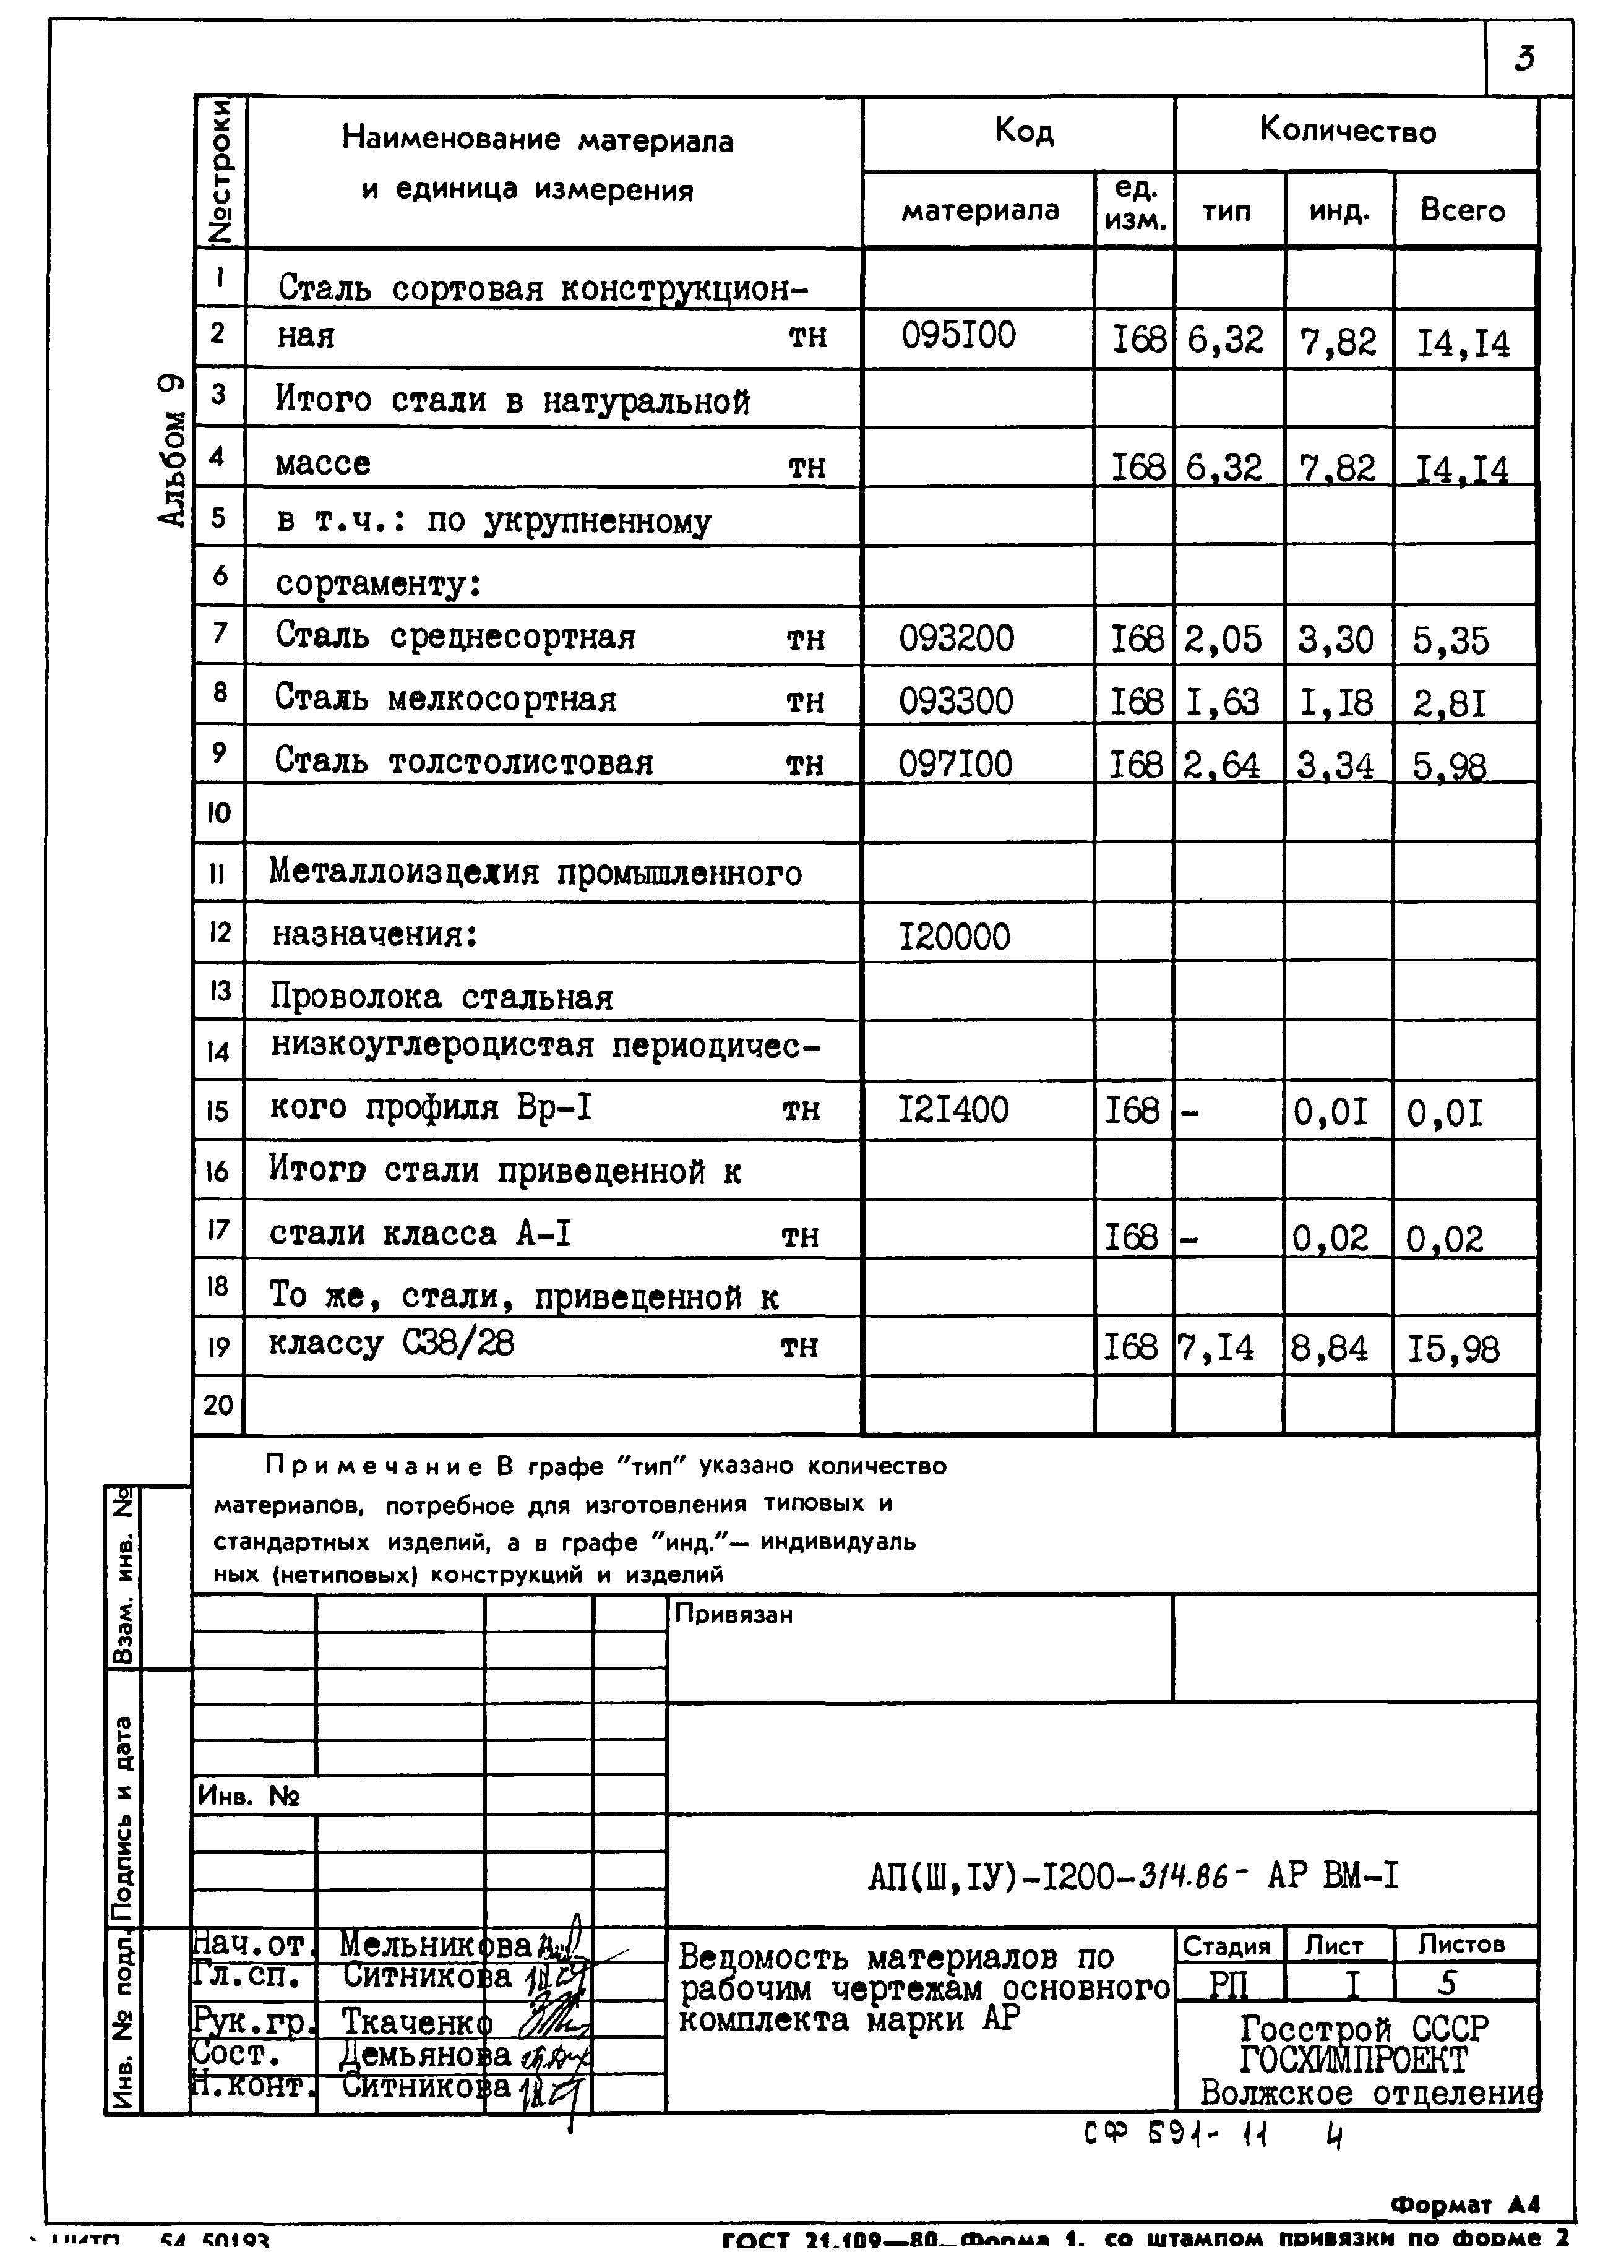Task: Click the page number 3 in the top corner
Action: point(1525,59)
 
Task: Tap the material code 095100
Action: point(958,337)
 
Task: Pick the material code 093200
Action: point(957,638)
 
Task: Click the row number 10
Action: point(218,813)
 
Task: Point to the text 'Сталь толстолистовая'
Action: point(463,761)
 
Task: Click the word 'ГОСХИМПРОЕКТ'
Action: point(1352,2060)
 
